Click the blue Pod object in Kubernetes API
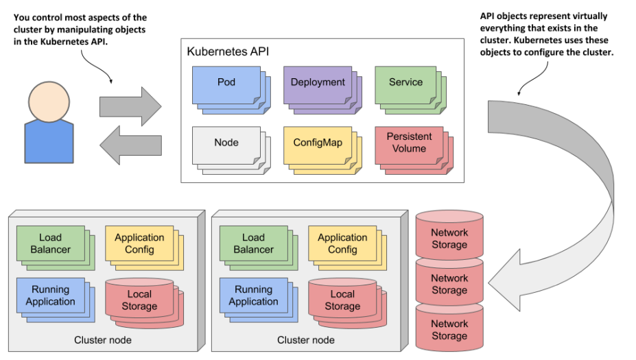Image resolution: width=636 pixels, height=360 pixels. [x=226, y=83]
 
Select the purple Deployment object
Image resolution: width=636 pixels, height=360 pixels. [x=318, y=83]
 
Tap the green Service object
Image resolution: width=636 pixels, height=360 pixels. [x=405, y=83]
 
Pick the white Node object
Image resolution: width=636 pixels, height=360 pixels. [x=226, y=143]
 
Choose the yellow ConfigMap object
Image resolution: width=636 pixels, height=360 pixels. [x=318, y=143]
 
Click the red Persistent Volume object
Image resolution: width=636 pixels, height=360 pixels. [x=409, y=143]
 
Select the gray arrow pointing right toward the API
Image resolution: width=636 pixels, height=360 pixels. [x=130, y=106]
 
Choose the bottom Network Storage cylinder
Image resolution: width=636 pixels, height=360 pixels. [x=449, y=330]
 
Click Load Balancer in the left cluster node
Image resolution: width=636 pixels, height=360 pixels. [x=50, y=243]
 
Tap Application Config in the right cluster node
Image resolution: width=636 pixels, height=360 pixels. [x=342, y=243]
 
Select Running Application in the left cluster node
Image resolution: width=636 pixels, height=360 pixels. [x=50, y=296]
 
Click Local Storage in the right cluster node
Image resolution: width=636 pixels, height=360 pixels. [x=342, y=300]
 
